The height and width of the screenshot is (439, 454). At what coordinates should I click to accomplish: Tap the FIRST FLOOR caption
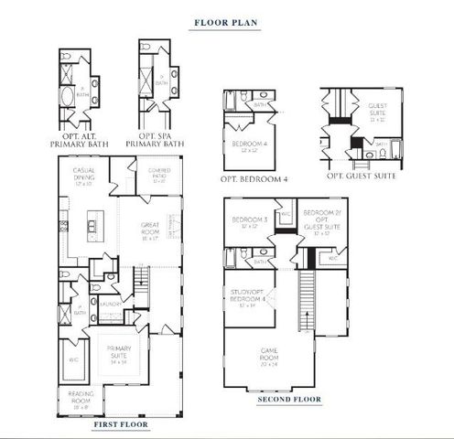pyautogui.click(x=119, y=425)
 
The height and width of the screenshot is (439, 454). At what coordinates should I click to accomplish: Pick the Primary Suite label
pyautogui.click(x=120, y=352)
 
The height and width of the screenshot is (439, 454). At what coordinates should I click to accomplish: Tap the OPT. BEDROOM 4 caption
pyautogui.click(x=254, y=178)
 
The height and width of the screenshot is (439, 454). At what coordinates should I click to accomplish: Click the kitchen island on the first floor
pyautogui.click(x=93, y=225)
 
